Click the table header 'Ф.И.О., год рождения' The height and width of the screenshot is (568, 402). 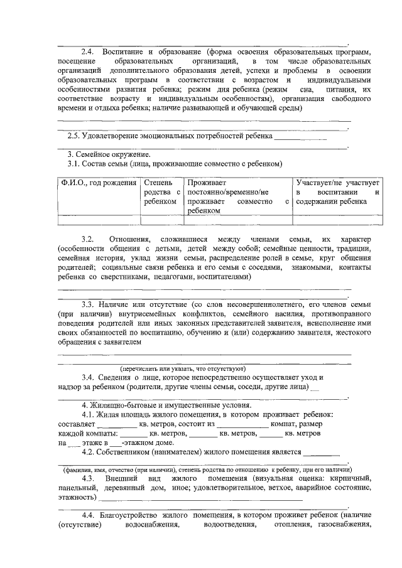pyautogui.click(x=97, y=183)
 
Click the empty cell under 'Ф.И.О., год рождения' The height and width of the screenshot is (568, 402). pyautogui.click(x=97, y=220)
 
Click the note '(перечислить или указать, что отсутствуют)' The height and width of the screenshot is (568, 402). pyautogui.click(x=183, y=368)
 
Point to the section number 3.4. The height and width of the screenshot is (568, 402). pyautogui.click(x=88, y=377)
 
